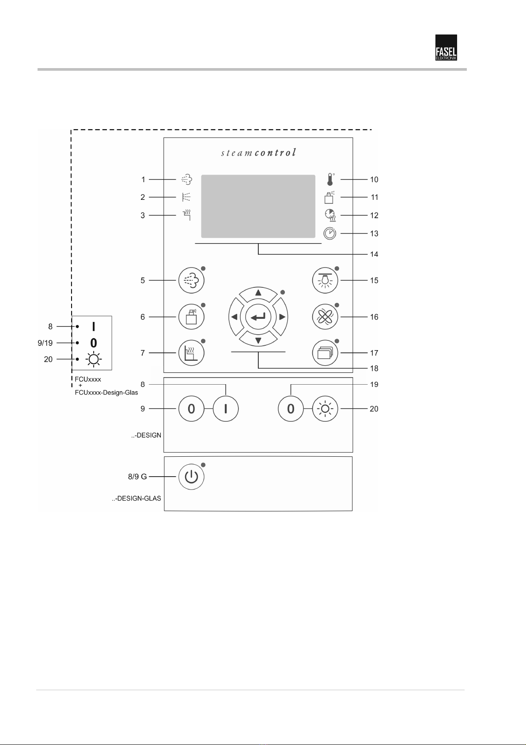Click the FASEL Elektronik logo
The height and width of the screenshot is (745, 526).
(x=446, y=47)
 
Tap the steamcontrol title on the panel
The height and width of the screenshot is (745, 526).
(x=258, y=153)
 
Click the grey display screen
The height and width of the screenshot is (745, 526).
(x=258, y=206)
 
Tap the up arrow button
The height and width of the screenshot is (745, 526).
(x=258, y=293)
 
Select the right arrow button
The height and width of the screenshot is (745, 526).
(x=281, y=317)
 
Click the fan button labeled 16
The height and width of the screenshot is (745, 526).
(x=325, y=317)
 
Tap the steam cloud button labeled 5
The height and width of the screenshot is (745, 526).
(x=191, y=280)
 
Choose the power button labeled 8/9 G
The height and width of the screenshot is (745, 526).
(x=191, y=477)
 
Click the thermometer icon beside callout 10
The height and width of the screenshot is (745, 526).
(x=329, y=180)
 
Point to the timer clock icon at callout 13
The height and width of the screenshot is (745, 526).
(x=329, y=233)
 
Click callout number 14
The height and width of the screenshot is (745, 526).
(x=374, y=254)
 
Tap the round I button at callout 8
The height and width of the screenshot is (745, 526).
(x=226, y=409)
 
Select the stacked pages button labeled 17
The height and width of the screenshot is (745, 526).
(x=325, y=353)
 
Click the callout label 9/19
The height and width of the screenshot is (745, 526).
(x=45, y=343)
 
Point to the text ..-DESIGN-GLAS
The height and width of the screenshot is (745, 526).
(x=136, y=498)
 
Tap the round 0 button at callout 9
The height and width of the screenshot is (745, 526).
(x=191, y=409)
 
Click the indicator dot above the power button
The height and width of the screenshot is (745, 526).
(x=203, y=465)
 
